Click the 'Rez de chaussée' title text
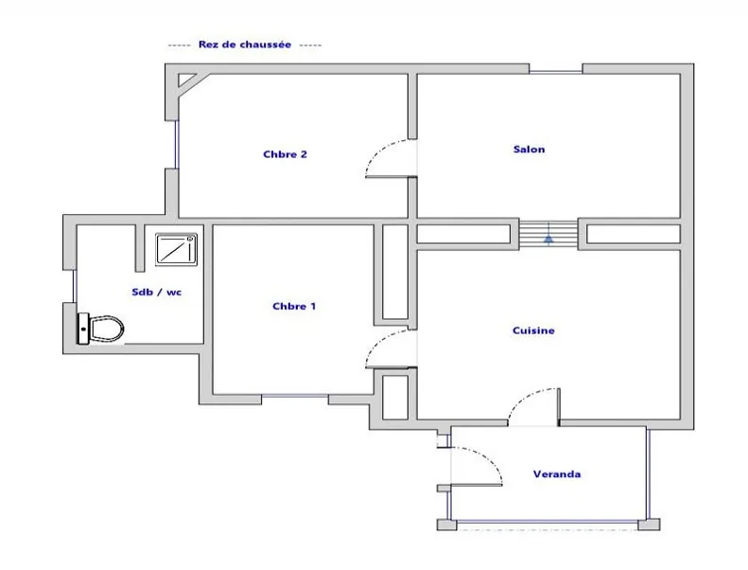coord(245,44)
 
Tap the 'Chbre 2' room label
coord(285,154)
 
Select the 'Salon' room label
coord(529,149)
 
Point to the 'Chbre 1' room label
coord(294,306)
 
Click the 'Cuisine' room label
coord(532,330)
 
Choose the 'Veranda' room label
coord(557,473)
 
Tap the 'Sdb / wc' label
coord(156,293)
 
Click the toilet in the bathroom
coord(101,330)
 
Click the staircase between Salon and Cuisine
coord(549,233)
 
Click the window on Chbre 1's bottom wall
coord(295,396)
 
